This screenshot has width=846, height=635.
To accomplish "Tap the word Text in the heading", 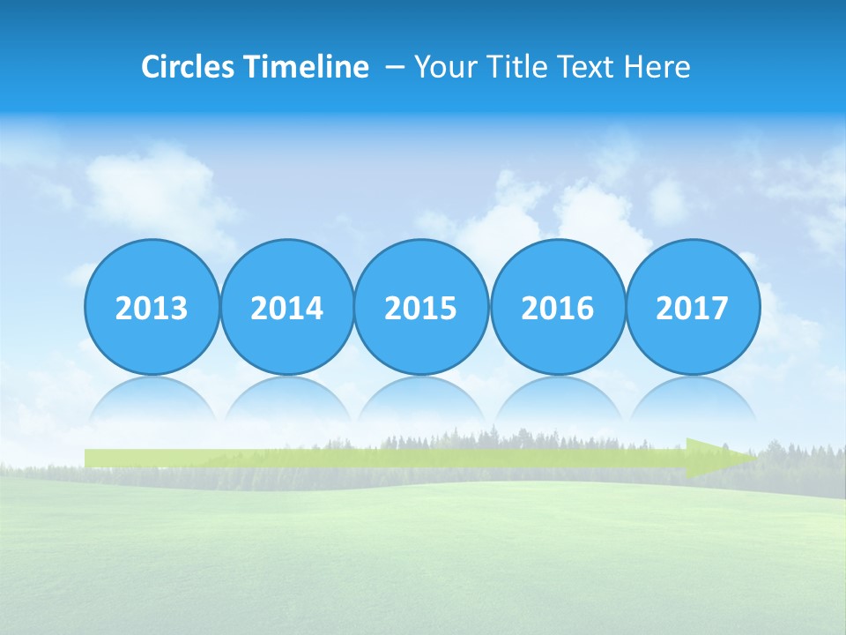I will click(x=586, y=67).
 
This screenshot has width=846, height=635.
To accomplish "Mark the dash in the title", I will click(x=395, y=68).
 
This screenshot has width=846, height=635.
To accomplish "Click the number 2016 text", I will click(x=558, y=309).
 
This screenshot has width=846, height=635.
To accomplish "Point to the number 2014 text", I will click(x=287, y=309).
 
